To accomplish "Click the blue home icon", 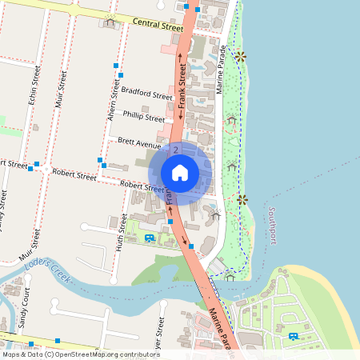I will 180,173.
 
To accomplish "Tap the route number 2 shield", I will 175,150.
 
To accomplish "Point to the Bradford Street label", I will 146,94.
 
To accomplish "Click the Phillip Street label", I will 144,118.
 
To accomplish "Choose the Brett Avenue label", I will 139,143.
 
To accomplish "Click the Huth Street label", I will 122,233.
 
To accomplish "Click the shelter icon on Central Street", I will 110,21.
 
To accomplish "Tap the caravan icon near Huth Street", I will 150,238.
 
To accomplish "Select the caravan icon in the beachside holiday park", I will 294,336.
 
